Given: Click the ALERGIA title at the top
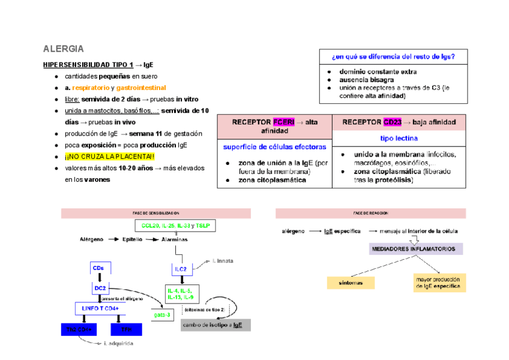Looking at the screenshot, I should (64, 49).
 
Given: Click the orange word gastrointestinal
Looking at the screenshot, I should (142, 88).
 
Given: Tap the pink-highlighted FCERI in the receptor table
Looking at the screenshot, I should (283, 122).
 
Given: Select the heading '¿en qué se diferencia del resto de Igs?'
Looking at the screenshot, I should (393, 57).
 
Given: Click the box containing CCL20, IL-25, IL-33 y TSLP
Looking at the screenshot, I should (175, 225).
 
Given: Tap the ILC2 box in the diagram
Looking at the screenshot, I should (181, 269).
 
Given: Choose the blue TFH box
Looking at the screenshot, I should (126, 329).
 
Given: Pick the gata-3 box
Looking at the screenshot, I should (163, 314).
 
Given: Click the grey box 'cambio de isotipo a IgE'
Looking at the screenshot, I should (215, 325).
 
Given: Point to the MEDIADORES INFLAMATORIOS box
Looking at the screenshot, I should (415, 248).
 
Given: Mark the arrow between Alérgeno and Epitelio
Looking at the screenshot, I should (110, 239).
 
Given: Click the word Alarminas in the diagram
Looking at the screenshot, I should (175, 239).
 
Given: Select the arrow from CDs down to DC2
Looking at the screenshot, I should (100, 277).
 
